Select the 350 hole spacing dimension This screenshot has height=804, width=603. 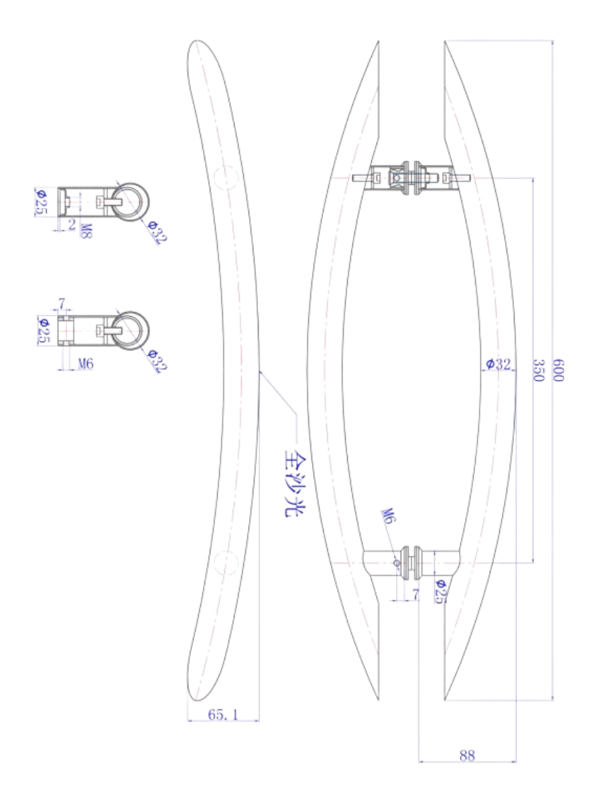537,370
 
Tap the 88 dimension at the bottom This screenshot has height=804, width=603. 467,755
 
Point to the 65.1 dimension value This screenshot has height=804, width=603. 222,715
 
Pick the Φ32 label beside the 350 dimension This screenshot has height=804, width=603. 498,364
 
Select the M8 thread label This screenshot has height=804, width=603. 86,231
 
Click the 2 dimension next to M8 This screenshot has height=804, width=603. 72,224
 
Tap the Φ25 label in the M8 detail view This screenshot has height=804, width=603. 41,202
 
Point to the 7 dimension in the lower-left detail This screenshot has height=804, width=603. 62,305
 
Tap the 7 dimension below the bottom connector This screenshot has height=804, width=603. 415,594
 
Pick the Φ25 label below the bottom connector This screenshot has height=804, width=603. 440,592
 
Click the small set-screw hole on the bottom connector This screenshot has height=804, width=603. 396,563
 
